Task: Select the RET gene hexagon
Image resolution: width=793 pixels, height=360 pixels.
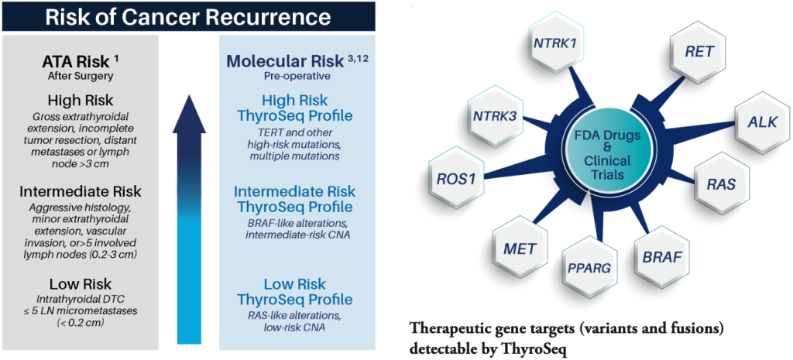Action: pos(699,53)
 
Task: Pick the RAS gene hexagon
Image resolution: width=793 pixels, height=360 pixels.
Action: pos(721,185)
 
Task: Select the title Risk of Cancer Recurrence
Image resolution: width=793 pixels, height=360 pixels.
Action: pos(192,16)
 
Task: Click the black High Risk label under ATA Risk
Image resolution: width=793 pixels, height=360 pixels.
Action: pos(81,100)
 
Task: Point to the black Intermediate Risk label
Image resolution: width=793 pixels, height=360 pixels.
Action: pos(81,190)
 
